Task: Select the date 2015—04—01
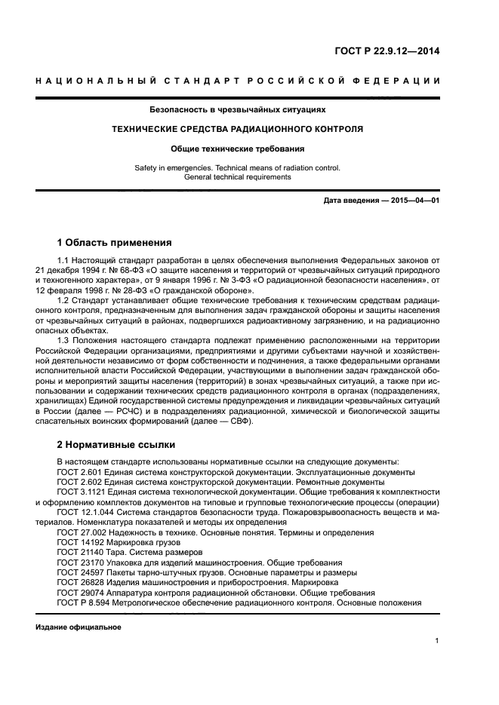pyautogui.click(x=413, y=201)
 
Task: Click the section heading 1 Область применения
pyautogui.click(x=115, y=243)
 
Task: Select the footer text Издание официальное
pyautogui.click(x=79, y=627)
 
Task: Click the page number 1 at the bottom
pyautogui.click(x=437, y=641)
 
